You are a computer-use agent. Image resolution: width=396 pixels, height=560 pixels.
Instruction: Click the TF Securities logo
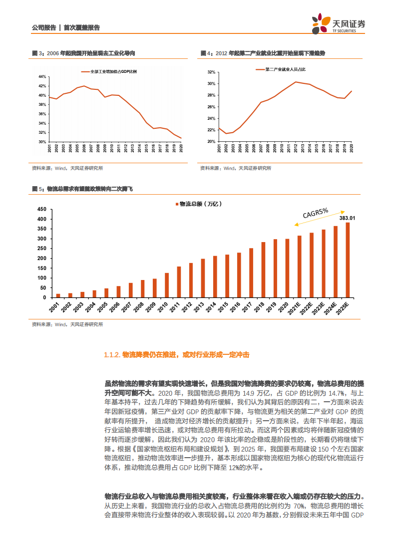point(338,25)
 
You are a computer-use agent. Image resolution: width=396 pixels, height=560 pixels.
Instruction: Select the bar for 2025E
point(348,260)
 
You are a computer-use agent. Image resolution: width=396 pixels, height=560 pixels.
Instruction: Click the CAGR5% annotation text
point(315,213)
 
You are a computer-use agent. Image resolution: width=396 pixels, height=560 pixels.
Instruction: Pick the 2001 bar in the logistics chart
point(58,295)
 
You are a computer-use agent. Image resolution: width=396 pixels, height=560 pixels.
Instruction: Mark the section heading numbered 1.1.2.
point(176,355)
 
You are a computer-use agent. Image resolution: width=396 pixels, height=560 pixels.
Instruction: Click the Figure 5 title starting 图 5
point(82,189)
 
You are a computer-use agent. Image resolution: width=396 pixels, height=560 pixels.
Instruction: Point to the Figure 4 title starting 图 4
point(262,53)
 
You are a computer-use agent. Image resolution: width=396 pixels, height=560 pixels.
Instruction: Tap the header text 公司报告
point(43,28)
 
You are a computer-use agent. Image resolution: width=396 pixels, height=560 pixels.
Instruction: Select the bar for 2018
point(263,270)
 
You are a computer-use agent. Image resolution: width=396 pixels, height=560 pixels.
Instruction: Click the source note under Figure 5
point(67,324)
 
